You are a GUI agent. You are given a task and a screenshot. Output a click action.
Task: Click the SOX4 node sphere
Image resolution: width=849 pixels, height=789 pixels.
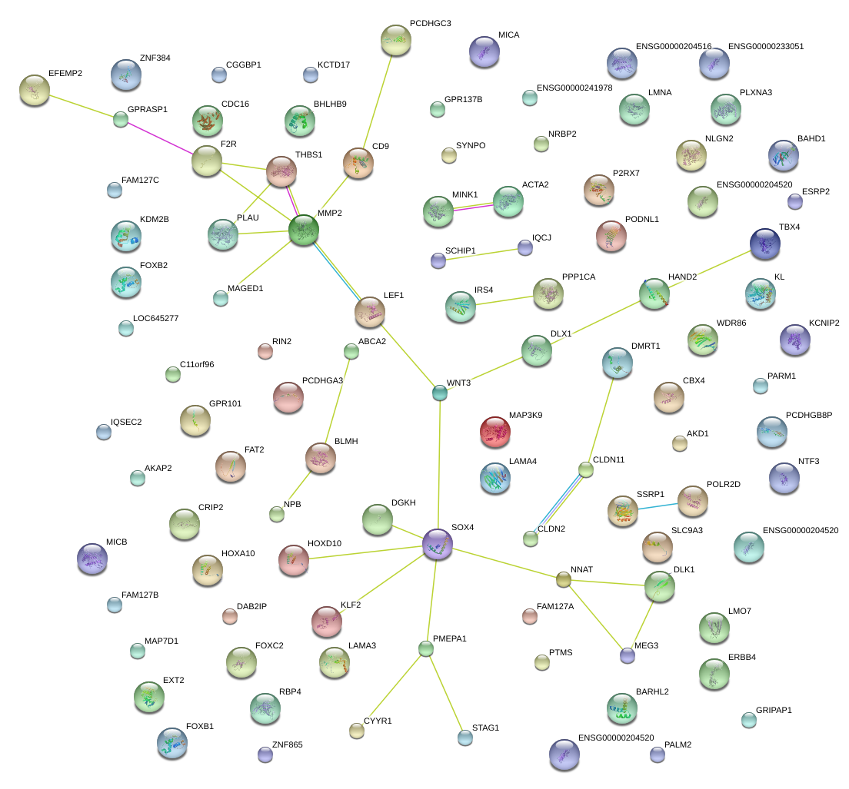(x=438, y=544)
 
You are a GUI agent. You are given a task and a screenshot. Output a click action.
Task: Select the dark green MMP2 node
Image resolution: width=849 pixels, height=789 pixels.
(x=304, y=230)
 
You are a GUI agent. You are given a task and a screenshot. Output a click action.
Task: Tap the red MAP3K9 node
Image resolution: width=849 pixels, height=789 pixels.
(x=495, y=432)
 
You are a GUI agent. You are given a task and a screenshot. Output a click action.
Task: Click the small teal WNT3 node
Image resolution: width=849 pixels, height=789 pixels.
(x=440, y=393)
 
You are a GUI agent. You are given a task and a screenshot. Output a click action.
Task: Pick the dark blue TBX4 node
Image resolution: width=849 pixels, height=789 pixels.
(x=765, y=244)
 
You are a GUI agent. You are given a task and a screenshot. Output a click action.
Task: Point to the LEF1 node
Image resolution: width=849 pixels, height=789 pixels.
(x=370, y=312)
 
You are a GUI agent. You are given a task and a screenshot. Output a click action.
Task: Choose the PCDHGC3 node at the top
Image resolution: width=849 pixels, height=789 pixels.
(x=396, y=40)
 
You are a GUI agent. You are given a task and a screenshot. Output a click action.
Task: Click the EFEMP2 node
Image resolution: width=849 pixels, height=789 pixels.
(x=35, y=90)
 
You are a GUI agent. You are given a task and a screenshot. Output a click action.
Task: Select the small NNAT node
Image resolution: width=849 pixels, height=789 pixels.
(x=564, y=580)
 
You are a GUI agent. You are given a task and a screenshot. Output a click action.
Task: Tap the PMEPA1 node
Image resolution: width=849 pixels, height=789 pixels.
(x=426, y=648)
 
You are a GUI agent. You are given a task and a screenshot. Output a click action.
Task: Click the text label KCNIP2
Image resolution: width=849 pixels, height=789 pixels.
(x=824, y=323)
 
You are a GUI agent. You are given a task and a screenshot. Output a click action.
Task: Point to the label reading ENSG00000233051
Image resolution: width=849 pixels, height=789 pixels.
(x=766, y=47)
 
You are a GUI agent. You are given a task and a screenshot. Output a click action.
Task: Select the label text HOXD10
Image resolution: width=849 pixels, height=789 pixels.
(x=325, y=543)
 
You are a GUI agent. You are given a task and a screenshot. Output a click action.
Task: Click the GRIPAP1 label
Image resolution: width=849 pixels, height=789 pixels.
(x=774, y=710)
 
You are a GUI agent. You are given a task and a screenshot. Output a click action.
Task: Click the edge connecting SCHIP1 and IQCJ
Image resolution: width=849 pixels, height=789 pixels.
(x=482, y=255)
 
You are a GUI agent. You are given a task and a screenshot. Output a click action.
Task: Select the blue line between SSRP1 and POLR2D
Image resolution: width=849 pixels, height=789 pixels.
(x=658, y=507)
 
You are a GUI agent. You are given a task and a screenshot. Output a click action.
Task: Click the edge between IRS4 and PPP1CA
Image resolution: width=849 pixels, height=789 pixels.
(x=504, y=300)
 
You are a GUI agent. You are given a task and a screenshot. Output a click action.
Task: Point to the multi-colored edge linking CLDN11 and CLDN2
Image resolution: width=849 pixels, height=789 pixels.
(x=558, y=504)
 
